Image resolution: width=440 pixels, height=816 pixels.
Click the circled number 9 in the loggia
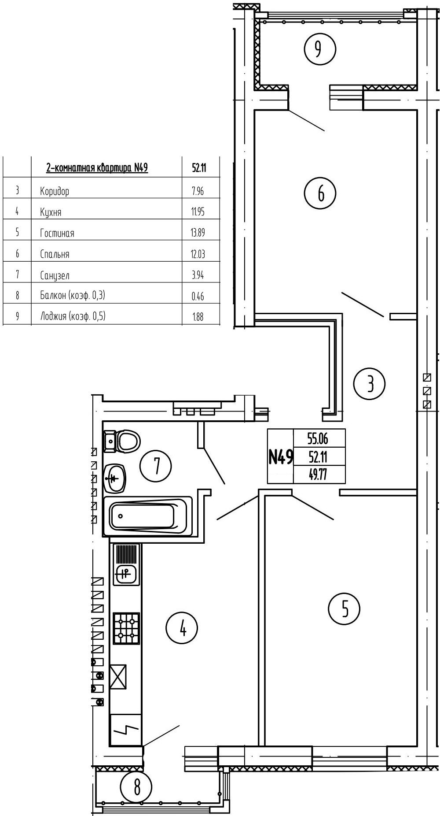click(320, 49)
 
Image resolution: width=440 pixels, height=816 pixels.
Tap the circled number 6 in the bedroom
click(320, 193)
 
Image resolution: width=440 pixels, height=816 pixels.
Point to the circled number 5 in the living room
click(344, 609)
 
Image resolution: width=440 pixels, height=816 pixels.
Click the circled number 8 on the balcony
click(136, 786)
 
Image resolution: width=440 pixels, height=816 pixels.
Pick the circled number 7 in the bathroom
click(156, 466)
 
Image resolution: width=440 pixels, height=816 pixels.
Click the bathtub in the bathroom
click(148, 516)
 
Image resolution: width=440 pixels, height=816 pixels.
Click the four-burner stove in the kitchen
click(126, 628)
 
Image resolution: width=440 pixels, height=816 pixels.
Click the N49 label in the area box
click(280, 457)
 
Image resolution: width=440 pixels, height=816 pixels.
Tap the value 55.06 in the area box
click(318, 438)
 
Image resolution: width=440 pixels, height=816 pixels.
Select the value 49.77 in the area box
click(318, 475)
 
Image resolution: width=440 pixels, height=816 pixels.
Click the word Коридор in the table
click(55, 191)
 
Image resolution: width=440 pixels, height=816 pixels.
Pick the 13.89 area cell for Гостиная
click(198, 233)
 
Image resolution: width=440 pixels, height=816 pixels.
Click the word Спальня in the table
click(55, 254)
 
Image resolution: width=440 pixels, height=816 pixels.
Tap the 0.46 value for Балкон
click(198, 296)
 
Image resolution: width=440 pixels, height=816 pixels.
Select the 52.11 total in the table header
click(199, 168)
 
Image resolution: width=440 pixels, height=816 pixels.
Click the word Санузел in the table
click(55, 276)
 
